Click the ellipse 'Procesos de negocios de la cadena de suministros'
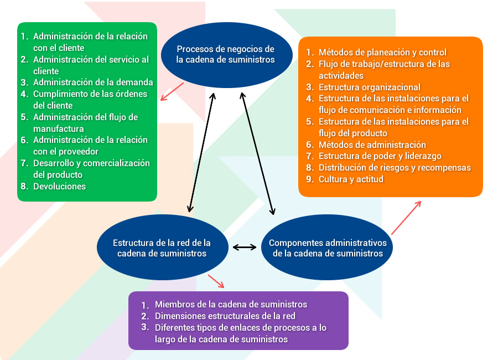(226, 55)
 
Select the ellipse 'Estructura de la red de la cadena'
(162, 248)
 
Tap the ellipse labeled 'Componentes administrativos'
(327, 248)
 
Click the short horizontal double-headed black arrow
(244, 247)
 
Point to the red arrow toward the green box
(172, 91)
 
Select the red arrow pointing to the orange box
(406, 218)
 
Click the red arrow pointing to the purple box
(216, 281)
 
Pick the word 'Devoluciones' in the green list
(59, 186)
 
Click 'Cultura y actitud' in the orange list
(351, 179)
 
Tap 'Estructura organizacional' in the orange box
(370, 87)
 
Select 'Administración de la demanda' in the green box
(93, 83)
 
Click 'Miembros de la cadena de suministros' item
(231, 305)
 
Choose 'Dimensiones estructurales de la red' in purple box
(225, 316)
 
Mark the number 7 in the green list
(24, 163)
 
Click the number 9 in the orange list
(310, 179)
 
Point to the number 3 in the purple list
(145, 327)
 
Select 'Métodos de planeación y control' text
(382, 53)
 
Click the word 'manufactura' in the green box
(59, 129)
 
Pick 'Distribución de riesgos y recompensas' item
(395, 168)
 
